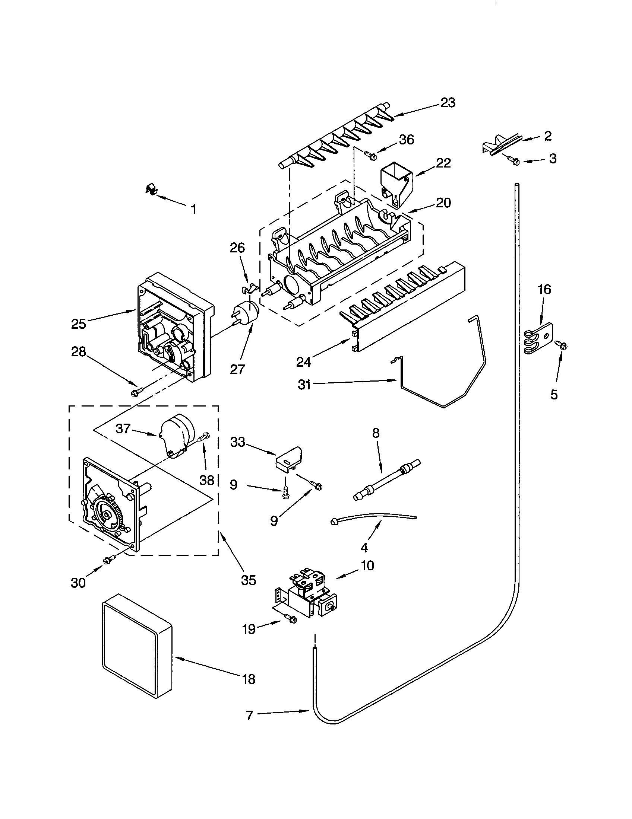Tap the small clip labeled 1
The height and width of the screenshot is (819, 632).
150,190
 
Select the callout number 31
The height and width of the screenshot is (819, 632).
304,385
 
